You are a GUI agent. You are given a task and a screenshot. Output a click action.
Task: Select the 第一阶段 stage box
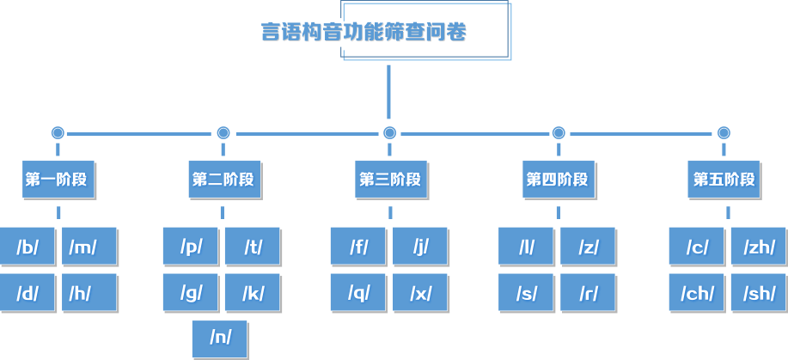tap(58, 180)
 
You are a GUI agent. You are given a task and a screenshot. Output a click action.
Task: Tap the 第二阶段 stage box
tap(223, 180)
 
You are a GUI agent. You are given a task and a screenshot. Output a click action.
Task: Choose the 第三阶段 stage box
tap(390, 180)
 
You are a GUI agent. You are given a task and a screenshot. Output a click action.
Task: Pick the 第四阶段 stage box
tap(558, 180)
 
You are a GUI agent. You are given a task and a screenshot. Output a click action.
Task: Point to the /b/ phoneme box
tap(27, 247)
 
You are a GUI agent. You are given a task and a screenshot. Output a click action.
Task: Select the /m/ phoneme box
tap(89, 247)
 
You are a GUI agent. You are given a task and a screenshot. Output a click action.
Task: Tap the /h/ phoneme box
tap(89, 293)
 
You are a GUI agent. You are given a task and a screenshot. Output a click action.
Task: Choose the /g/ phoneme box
tap(191, 293)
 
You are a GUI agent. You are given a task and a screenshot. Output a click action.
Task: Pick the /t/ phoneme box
tap(252, 247)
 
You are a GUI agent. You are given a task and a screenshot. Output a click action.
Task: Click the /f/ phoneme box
tap(358, 247)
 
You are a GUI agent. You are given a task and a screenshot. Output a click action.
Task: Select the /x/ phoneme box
tap(420, 293)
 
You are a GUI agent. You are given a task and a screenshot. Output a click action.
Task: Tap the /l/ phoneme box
tap(526, 247)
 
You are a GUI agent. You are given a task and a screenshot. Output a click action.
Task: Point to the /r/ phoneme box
tap(588, 293)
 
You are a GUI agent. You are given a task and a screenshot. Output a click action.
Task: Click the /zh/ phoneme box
tap(758, 247)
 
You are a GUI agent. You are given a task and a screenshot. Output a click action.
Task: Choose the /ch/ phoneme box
tap(697, 293)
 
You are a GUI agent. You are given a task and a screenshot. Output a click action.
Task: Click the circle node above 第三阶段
tap(389, 133)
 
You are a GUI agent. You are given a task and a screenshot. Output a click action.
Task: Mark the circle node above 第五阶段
tap(724, 133)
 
